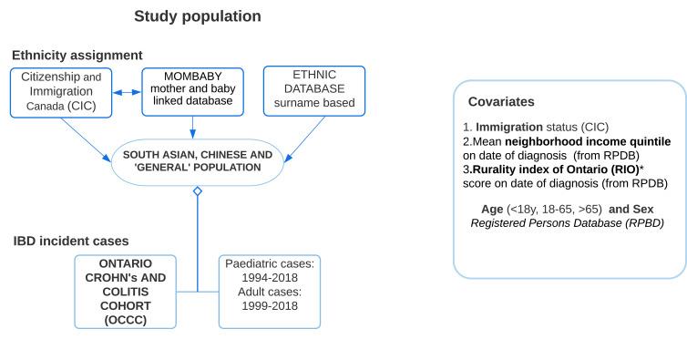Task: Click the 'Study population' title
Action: click(x=197, y=15)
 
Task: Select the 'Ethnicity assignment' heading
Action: click(x=77, y=55)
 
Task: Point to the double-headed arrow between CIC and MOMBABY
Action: click(x=130, y=92)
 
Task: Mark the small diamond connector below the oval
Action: click(x=197, y=192)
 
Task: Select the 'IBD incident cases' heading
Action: click(x=70, y=241)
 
